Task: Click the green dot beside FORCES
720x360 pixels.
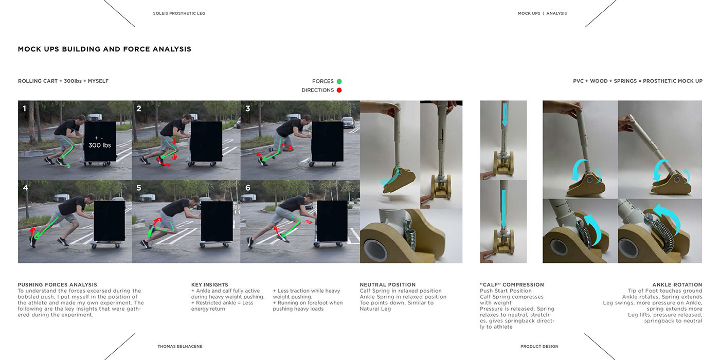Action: pos(339,81)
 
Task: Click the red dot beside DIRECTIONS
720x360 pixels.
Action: pos(339,91)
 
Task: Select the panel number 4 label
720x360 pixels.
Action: pos(25,188)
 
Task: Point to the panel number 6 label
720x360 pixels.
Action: pos(247,188)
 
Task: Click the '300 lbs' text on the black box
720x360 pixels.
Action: pos(100,145)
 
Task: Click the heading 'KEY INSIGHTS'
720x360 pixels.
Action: pos(209,284)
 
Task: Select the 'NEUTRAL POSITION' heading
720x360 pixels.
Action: pos(388,284)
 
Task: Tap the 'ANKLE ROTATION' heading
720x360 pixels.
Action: pos(677,284)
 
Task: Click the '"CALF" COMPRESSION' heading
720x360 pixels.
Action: pos(511,284)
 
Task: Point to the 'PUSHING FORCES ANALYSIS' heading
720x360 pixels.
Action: pos(58,284)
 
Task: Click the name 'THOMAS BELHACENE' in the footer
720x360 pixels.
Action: pos(180,347)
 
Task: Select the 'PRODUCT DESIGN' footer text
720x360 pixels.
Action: pos(539,347)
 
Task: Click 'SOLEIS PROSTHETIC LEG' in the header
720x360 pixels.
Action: pos(179,13)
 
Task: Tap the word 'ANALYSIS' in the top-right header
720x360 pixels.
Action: pos(556,13)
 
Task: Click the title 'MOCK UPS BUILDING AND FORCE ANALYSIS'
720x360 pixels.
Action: pos(104,49)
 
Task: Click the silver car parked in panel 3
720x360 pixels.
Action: pos(348,122)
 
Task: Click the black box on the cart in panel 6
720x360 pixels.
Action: pos(331,220)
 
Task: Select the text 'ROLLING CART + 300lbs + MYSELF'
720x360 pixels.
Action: pos(63,81)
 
